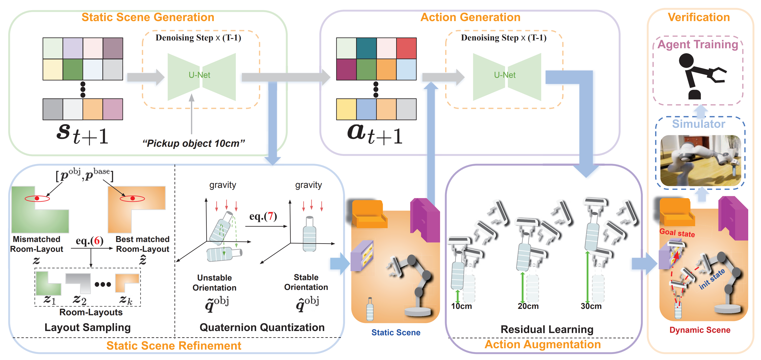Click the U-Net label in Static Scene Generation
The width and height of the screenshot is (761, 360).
(199, 75)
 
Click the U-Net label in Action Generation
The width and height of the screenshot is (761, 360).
(505, 75)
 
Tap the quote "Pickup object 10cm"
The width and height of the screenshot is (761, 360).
(193, 143)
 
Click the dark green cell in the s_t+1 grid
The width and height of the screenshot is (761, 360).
(73, 69)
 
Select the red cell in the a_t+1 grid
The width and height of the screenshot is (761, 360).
(406, 48)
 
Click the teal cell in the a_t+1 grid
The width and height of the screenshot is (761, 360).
(366, 48)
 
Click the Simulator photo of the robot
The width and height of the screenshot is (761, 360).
(700, 160)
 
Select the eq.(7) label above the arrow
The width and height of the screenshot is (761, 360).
(263, 216)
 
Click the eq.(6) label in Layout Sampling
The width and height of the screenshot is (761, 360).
(90, 241)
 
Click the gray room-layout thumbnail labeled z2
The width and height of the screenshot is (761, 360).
(78, 283)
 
